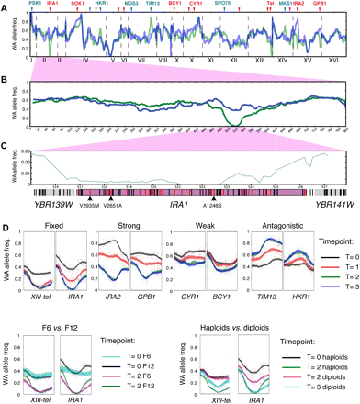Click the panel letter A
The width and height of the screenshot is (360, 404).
coord(6,5)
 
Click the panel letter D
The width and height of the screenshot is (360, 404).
coord(6,216)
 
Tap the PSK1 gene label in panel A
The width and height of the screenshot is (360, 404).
coord(34,4)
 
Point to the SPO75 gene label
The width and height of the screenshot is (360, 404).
coord(223,4)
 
